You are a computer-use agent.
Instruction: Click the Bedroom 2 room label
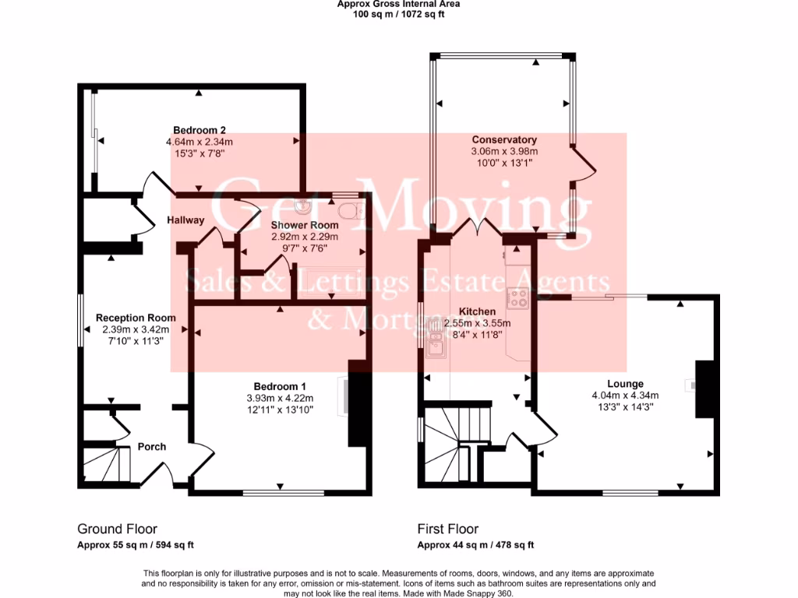point(199,130)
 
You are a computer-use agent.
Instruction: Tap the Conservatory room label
point(504,140)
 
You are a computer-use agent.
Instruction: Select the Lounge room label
point(625,384)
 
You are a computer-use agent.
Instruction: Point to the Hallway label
point(185,220)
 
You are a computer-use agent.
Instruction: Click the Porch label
point(152,447)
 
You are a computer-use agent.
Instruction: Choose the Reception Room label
point(136,318)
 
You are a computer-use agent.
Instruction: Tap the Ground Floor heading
point(117,529)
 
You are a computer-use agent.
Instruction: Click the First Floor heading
point(447,529)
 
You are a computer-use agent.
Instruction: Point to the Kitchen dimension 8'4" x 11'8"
point(477,334)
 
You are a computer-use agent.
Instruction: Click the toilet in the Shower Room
point(349,209)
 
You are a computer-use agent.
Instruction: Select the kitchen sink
point(436,346)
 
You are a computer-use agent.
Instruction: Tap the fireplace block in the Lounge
point(704,389)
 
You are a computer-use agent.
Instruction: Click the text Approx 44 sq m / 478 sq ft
point(475,545)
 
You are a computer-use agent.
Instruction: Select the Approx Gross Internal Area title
point(398,4)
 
